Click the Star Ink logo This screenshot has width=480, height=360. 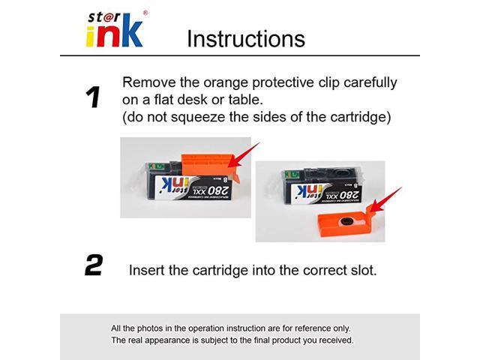[x=114, y=28]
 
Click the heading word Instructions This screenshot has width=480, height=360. [x=245, y=38]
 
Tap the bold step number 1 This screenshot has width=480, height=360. [x=93, y=97]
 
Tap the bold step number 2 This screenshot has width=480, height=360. [x=93, y=265]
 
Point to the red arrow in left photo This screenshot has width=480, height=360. [x=244, y=153]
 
